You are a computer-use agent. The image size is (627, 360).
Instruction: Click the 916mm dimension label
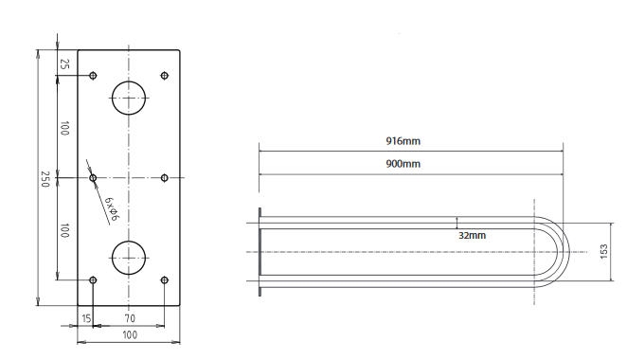pyautogui.click(x=403, y=141)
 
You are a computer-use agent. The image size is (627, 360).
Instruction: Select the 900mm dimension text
pyautogui.click(x=403, y=164)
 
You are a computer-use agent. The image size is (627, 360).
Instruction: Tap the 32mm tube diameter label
pyautogui.click(x=472, y=235)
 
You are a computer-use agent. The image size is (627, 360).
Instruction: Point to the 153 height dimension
pyautogui.click(x=604, y=251)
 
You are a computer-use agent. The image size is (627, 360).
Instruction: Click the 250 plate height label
pyautogui.click(x=45, y=179)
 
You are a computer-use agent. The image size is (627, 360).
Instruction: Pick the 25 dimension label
pyautogui.click(x=64, y=63)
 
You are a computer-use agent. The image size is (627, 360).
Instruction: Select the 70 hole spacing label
pyautogui.click(x=130, y=318)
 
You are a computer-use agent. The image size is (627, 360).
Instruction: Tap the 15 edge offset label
pyautogui.click(x=86, y=318)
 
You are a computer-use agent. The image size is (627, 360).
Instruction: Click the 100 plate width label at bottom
pyautogui.click(x=130, y=334)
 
